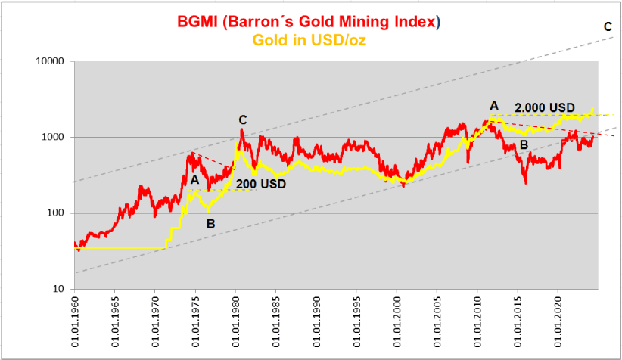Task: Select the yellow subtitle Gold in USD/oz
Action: pos(311,40)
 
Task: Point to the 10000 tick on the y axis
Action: pos(52,61)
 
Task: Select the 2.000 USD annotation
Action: pos(544,107)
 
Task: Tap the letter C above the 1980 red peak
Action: pos(242,119)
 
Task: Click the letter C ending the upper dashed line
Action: pos(608,27)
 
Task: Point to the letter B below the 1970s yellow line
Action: pos(210,223)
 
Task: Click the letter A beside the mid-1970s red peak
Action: pos(194,180)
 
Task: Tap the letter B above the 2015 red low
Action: pos(523,145)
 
